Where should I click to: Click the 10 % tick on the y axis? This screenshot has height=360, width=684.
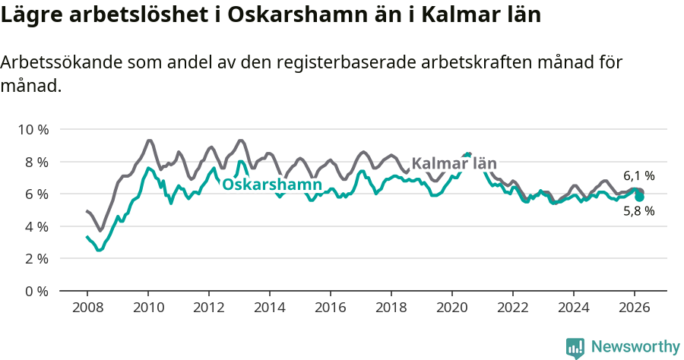(32, 130)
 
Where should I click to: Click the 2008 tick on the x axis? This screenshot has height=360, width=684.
(87, 308)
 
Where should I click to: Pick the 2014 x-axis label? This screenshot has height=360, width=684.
(270, 308)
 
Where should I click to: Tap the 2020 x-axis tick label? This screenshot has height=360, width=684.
(452, 308)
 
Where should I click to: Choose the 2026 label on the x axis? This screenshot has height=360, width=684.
(635, 308)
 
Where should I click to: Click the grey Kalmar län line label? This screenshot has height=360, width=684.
(454, 163)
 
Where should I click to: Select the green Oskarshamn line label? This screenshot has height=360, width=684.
(271, 185)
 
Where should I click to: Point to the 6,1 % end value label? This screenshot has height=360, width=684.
(638, 175)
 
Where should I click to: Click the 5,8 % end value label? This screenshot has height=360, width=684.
(638, 212)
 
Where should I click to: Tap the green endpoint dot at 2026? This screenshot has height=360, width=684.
(639, 197)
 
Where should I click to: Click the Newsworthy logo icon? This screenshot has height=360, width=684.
(575, 347)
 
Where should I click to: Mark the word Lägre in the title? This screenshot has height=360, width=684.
(28, 16)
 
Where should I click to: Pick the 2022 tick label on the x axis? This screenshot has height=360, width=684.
(513, 308)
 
